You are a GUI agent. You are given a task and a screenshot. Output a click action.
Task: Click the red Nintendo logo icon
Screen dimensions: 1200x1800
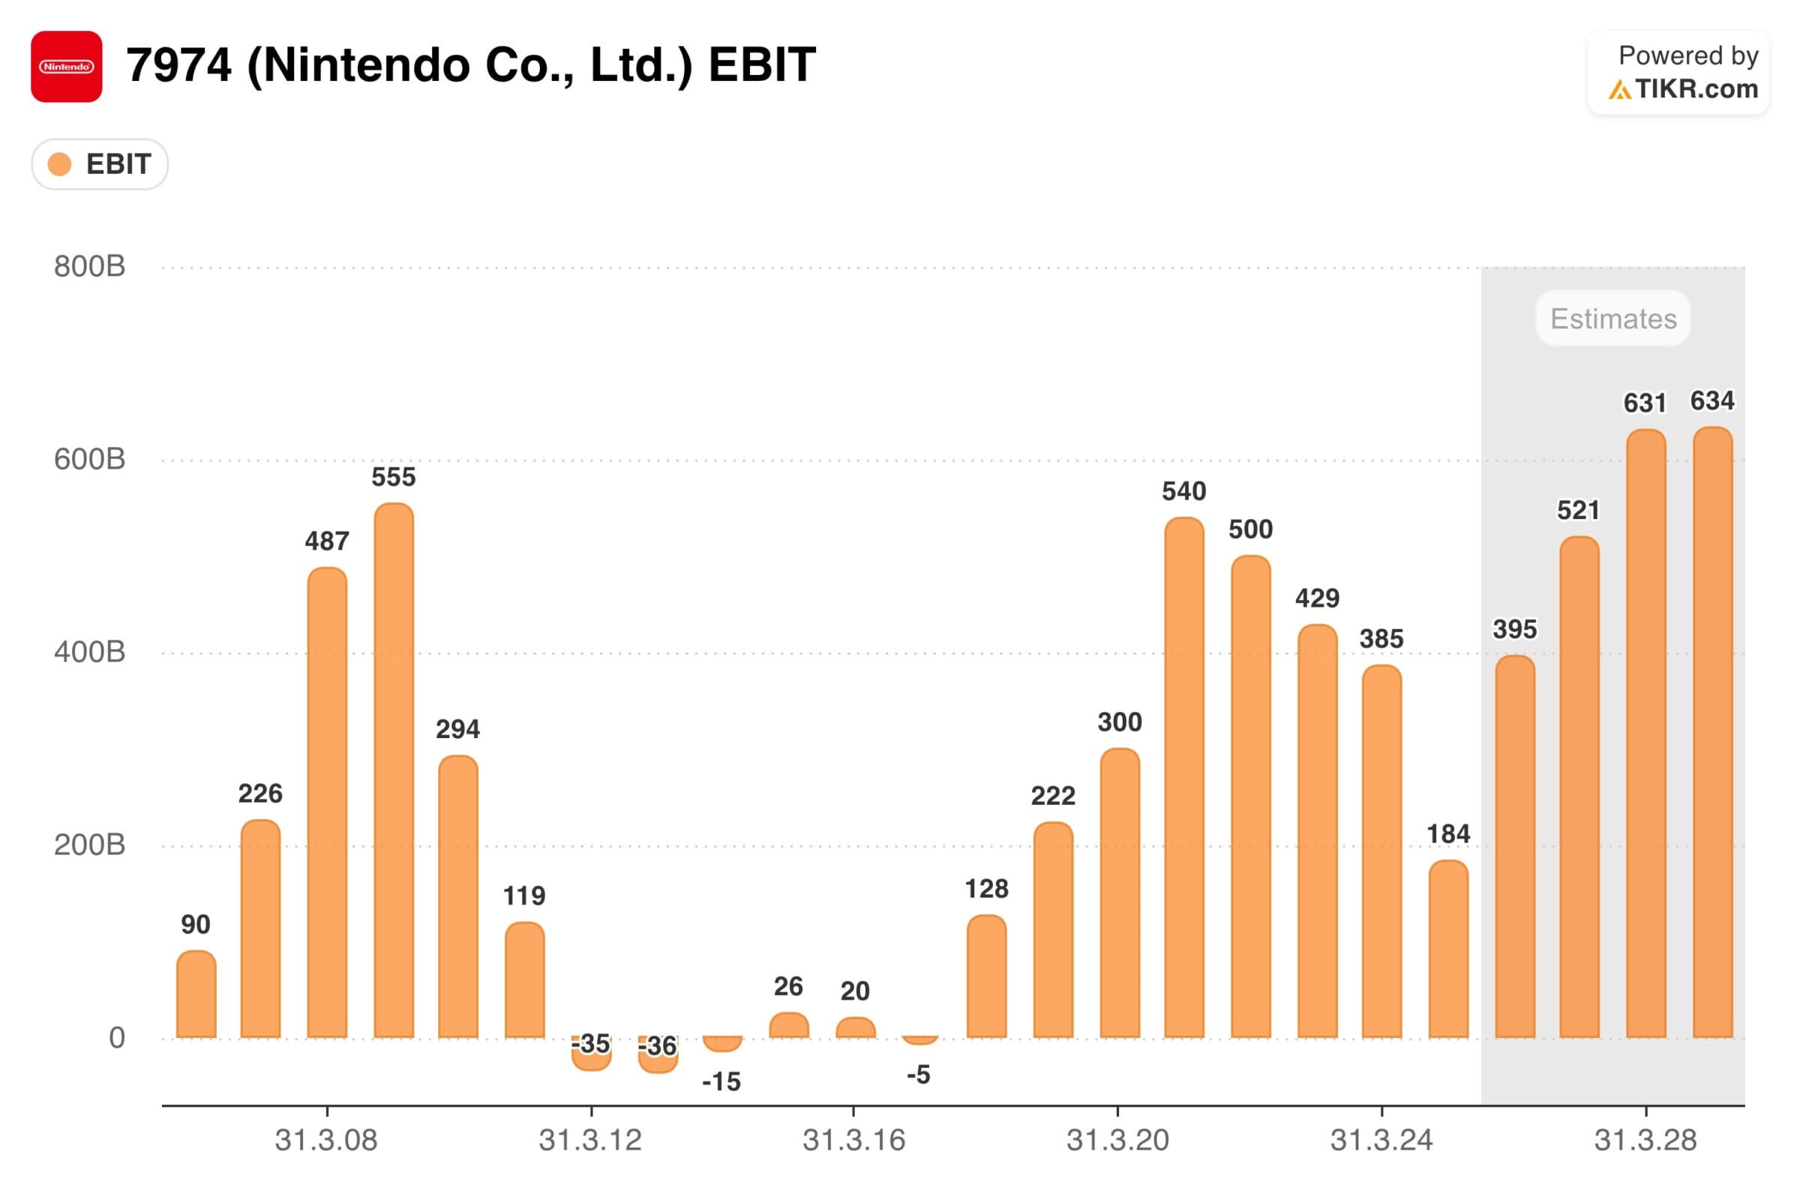(x=67, y=67)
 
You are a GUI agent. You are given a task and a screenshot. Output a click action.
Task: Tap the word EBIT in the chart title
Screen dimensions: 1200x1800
(x=761, y=65)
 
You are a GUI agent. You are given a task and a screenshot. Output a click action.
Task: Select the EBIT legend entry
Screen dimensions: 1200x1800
(x=100, y=164)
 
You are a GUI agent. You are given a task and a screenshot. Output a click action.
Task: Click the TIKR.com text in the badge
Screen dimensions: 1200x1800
(x=1696, y=89)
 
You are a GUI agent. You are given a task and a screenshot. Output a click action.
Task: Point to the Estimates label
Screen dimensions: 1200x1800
(x=1613, y=318)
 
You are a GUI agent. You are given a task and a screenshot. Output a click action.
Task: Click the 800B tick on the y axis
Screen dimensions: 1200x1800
(x=89, y=266)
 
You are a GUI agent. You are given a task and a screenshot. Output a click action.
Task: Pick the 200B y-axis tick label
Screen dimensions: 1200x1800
(x=89, y=845)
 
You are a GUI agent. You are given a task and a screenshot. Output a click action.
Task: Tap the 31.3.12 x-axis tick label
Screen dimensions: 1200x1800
(x=590, y=1140)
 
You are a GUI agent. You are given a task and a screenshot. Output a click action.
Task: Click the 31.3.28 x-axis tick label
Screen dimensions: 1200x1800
(x=1645, y=1140)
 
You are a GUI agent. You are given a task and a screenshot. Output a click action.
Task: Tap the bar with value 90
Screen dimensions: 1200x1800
(x=196, y=995)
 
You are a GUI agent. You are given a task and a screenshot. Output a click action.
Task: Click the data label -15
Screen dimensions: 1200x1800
(x=721, y=1081)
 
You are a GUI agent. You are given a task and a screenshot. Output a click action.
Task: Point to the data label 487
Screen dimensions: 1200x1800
(x=327, y=541)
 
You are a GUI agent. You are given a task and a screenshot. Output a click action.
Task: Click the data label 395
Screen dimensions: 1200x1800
(x=1514, y=630)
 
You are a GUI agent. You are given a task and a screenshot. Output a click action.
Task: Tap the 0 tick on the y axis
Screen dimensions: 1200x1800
(x=116, y=1038)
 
